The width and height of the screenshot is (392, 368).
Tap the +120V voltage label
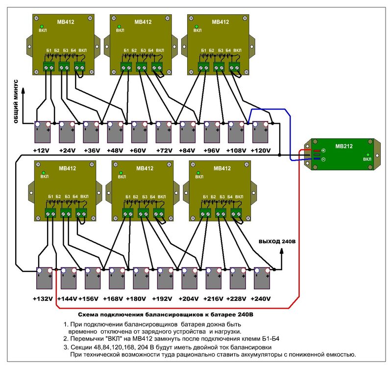(260, 150)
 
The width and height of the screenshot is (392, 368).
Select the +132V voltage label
(42, 299)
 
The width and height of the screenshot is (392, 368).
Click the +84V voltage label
(188, 150)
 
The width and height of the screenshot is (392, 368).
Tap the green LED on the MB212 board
(367, 154)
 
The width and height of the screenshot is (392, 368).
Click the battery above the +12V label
(43, 131)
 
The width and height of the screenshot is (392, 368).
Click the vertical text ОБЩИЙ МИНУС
(16, 101)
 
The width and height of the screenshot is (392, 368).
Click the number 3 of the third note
(66, 347)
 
